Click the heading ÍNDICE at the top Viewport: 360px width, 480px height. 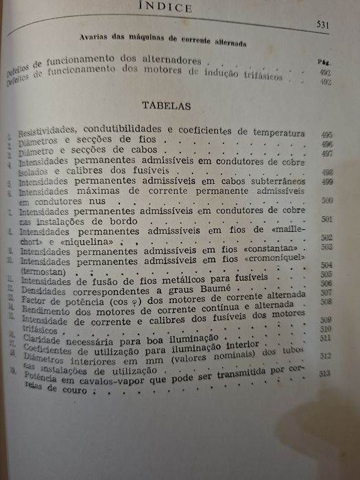[x=180, y=8]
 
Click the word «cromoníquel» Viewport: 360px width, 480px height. [x=272, y=259]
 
